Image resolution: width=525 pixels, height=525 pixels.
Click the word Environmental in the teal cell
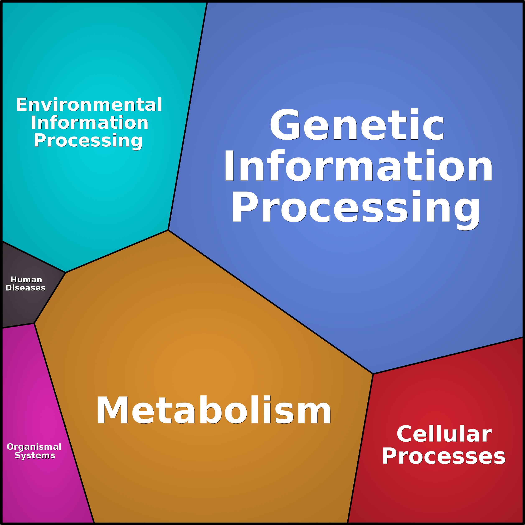(x=89, y=105)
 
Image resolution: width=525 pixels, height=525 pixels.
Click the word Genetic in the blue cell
(x=357, y=125)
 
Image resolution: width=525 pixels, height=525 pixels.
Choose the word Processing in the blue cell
(x=356, y=207)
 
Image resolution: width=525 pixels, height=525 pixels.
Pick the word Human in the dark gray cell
(x=26, y=280)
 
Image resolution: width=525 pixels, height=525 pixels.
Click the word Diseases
(x=25, y=288)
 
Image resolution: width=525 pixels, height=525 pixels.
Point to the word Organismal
(x=34, y=447)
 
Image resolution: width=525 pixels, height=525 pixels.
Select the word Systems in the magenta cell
(x=35, y=455)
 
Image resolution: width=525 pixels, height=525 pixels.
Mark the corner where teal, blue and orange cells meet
(x=168, y=230)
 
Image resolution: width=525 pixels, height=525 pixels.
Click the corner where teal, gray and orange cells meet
(x=65, y=273)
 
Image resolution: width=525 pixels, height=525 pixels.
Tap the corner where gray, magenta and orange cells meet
(x=34, y=323)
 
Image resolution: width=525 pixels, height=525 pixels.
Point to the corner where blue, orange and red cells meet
(x=373, y=374)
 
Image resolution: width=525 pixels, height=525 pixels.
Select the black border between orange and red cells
(x=360, y=448)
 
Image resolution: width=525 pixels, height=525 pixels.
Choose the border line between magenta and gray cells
(x=18, y=326)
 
